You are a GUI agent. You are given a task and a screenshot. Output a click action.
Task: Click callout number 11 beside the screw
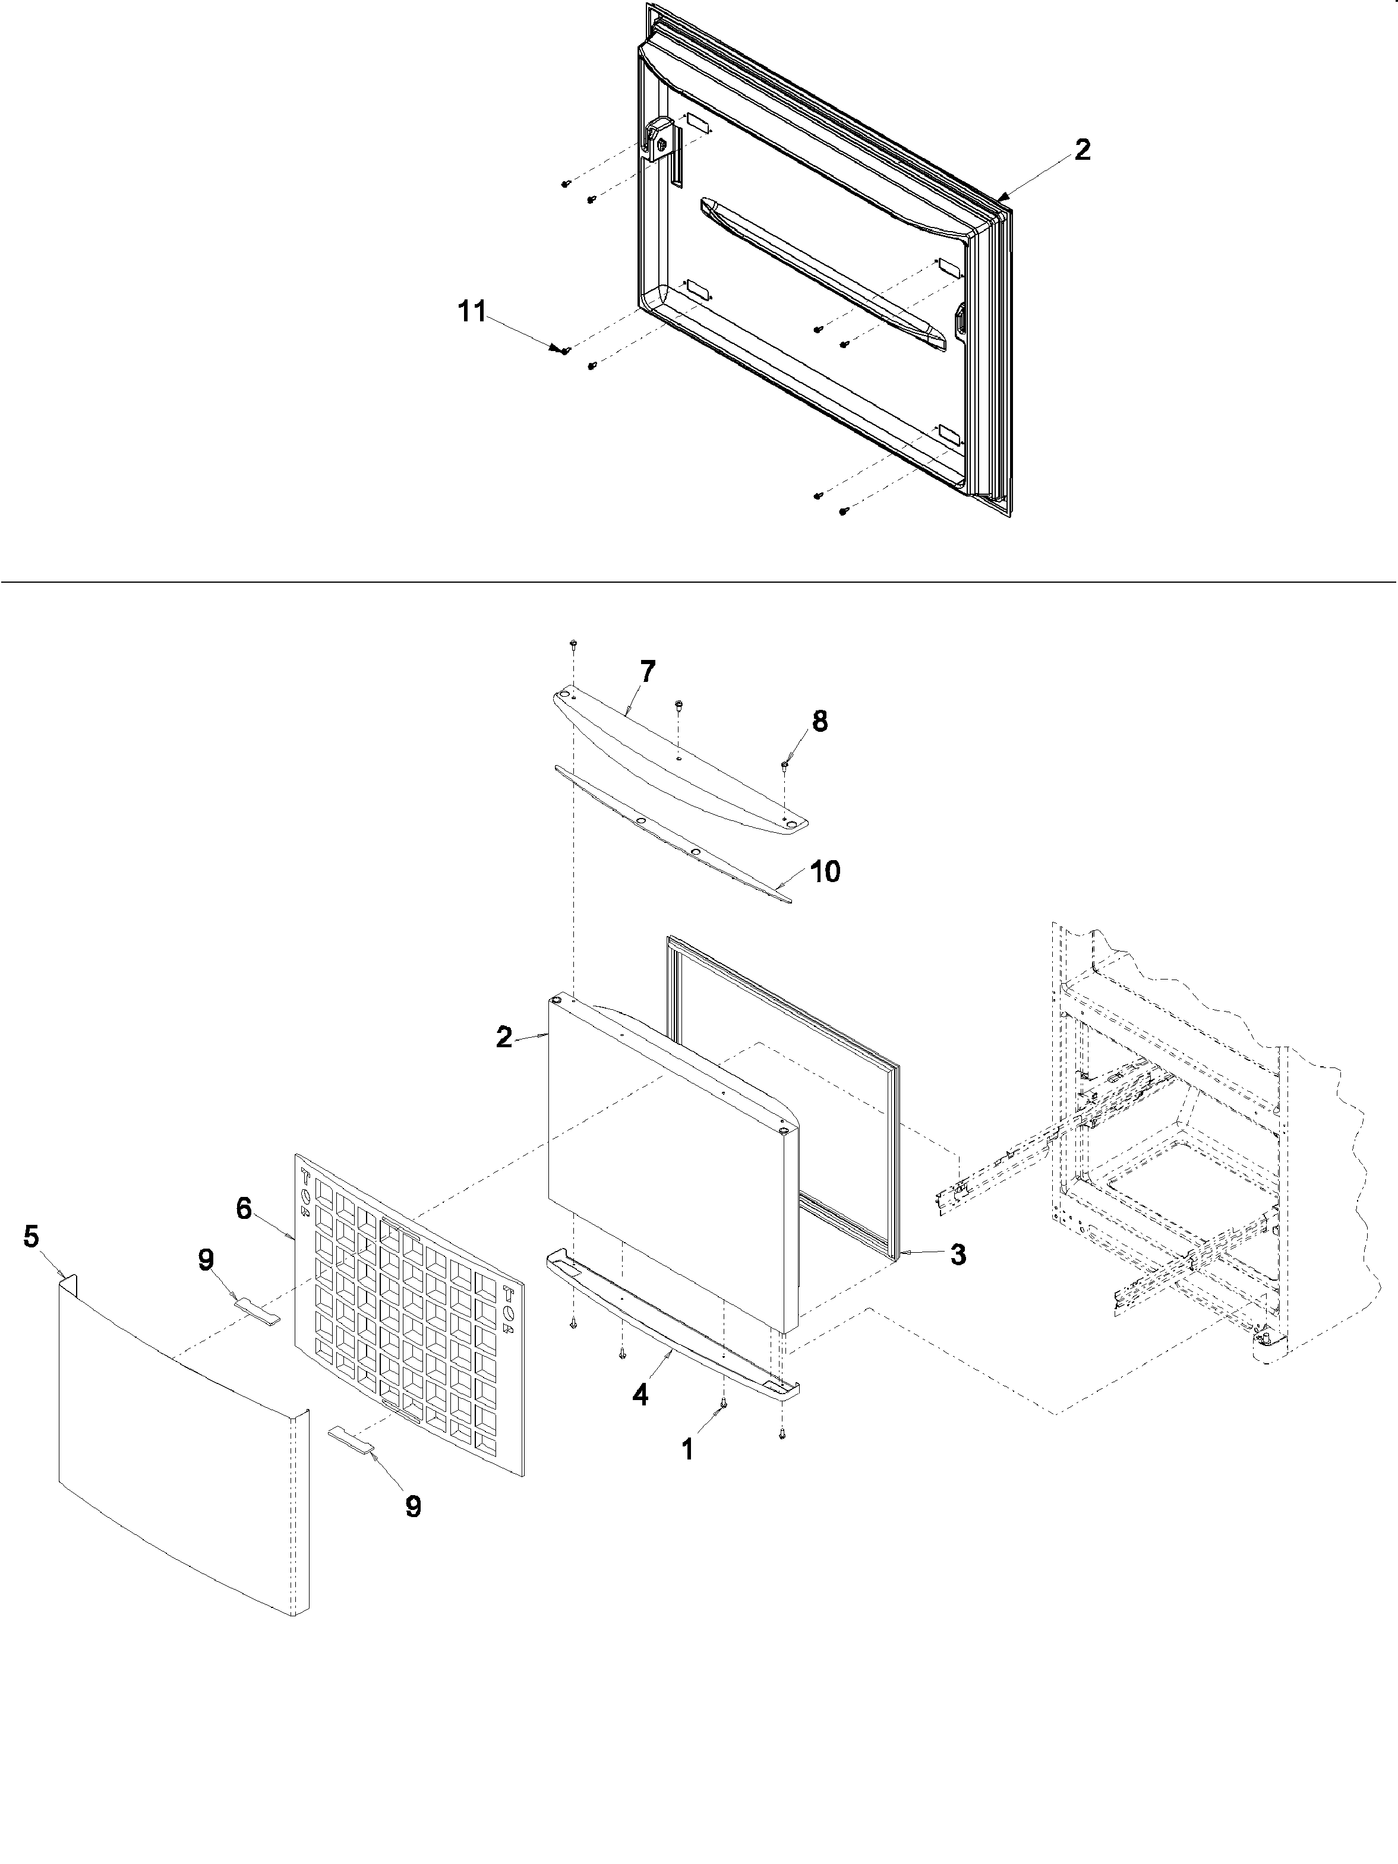pyautogui.click(x=472, y=312)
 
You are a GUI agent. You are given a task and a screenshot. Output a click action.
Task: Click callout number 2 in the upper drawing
pyautogui.click(x=1082, y=150)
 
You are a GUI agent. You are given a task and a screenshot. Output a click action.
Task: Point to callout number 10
pyautogui.click(x=825, y=871)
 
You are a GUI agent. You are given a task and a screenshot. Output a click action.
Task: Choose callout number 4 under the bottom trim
pyautogui.click(x=640, y=1395)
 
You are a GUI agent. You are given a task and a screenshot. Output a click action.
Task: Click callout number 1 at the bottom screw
pyautogui.click(x=687, y=1449)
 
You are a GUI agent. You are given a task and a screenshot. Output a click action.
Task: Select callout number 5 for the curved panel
pyautogui.click(x=31, y=1237)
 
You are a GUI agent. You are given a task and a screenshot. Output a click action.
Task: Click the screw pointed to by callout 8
pyautogui.click(x=784, y=764)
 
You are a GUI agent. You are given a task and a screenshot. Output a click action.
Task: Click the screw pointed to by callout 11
pyautogui.click(x=566, y=350)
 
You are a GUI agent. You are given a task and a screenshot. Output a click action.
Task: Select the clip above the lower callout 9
pyautogui.click(x=350, y=1440)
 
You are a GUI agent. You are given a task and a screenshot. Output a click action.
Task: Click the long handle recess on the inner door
pyautogui.click(x=822, y=274)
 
